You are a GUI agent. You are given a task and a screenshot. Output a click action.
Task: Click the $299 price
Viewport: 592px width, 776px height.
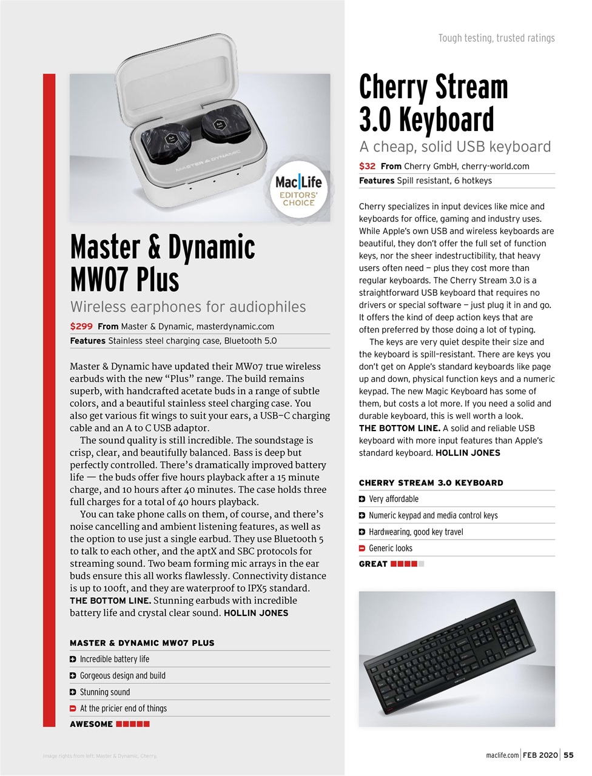coord(81,326)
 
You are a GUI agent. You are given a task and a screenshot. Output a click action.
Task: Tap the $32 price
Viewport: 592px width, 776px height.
coord(367,166)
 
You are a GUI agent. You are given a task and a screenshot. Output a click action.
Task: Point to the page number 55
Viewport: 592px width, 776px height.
coord(568,755)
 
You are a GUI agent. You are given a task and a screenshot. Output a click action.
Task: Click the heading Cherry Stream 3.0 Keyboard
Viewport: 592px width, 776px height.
coord(433,103)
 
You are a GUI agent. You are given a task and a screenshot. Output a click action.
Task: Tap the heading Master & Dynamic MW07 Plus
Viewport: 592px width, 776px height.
coord(163,263)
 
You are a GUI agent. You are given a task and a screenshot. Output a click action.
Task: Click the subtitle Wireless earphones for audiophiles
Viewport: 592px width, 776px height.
coord(188,307)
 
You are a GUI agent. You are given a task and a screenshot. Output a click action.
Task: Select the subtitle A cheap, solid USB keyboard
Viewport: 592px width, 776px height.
coord(455,147)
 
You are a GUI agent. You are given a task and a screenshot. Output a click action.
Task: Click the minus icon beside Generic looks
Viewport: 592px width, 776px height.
coord(362,549)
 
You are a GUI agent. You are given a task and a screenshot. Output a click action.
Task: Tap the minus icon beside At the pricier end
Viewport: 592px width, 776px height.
coord(73,709)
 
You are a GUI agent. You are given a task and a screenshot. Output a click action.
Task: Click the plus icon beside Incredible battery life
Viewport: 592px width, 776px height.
coord(73,660)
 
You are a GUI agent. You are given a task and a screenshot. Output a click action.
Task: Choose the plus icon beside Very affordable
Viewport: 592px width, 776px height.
coord(362,500)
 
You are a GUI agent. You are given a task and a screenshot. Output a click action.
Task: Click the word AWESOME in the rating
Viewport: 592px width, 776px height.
coord(91,724)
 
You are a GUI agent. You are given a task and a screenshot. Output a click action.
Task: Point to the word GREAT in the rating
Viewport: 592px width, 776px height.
coord(373,564)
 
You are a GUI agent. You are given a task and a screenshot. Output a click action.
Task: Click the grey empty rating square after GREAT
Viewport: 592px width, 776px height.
coord(422,564)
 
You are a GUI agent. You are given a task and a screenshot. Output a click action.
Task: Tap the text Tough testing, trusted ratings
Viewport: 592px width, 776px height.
coord(496,38)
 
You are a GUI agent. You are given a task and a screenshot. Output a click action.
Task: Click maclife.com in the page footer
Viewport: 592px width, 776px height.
coord(502,755)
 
